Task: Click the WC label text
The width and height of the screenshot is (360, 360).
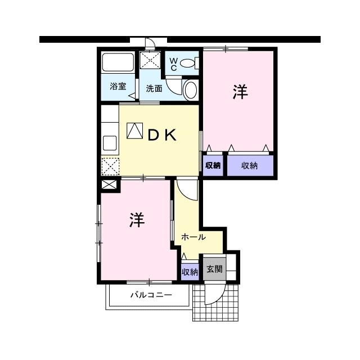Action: [174, 64]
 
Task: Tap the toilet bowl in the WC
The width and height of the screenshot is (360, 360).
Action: [187, 63]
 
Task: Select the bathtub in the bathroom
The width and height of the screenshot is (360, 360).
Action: [118, 62]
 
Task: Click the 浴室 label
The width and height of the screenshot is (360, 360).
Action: [118, 86]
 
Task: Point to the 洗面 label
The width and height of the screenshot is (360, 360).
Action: [154, 88]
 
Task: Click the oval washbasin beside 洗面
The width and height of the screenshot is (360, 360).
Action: [191, 90]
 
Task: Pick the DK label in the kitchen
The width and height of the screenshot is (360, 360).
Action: [162, 135]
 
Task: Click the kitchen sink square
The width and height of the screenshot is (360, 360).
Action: [110, 143]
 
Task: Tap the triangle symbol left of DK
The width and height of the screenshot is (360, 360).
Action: [135, 131]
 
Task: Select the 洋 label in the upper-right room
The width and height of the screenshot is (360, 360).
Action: [240, 92]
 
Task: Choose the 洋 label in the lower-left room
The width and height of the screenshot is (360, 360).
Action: [137, 220]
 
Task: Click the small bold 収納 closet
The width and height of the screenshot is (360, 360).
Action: [213, 165]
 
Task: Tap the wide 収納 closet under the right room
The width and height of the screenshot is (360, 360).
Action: [250, 165]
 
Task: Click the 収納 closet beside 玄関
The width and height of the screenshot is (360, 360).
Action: [190, 272]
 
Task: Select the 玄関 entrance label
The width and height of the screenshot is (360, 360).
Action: [215, 269]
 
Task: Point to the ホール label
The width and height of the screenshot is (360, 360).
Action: [193, 237]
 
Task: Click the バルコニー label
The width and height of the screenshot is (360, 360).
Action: [151, 295]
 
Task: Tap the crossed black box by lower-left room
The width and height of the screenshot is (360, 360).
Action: [109, 184]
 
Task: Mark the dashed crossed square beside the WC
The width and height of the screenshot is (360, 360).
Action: [150, 60]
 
